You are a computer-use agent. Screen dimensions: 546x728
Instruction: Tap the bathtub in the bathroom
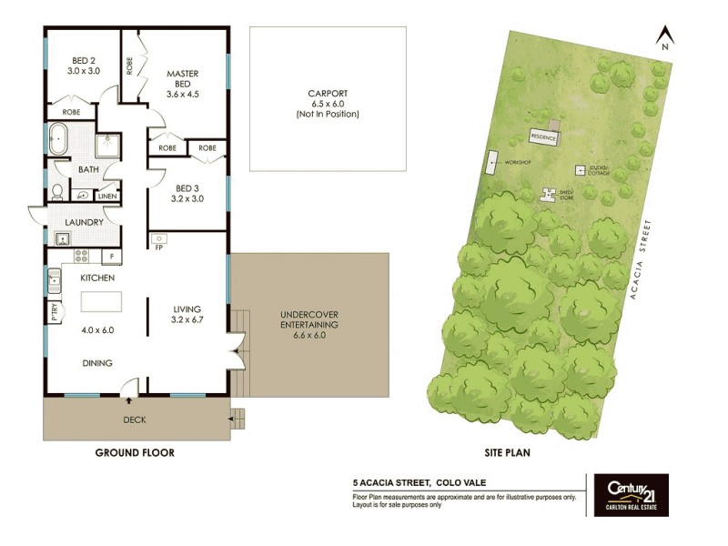click(x=61, y=139)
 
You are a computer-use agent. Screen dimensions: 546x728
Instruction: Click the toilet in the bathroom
click(x=57, y=191)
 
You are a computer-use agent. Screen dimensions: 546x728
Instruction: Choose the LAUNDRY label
click(x=83, y=221)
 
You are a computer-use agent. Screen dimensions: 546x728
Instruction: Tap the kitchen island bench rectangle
click(x=106, y=302)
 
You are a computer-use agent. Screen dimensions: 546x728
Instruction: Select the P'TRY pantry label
click(x=55, y=312)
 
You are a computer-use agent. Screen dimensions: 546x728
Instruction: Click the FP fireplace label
click(x=158, y=247)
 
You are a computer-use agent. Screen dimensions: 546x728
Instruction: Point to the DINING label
click(x=96, y=363)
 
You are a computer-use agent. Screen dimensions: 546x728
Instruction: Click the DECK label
click(x=135, y=420)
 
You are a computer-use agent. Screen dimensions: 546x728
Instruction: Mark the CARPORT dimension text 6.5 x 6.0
click(x=328, y=104)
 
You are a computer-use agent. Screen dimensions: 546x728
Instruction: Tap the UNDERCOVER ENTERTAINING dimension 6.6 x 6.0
click(x=308, y=335)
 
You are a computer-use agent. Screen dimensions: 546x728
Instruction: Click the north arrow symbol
click(x=665, y=36)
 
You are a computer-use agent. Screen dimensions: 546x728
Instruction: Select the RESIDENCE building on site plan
click(x=543, y=136)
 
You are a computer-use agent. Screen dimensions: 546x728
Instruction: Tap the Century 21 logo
click(x=631, y=494)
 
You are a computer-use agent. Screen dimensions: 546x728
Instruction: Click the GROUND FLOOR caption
click(x=135, y=452)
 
